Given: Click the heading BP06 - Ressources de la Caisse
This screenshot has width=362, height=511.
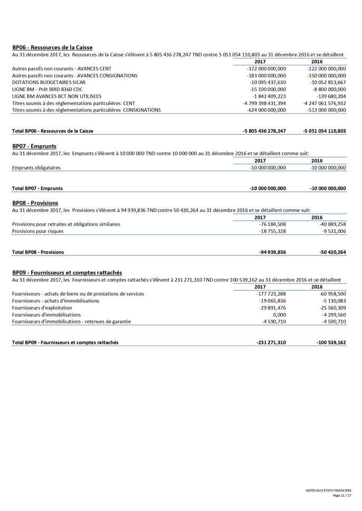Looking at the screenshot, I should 52,47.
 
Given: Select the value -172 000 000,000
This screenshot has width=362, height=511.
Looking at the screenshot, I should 266,68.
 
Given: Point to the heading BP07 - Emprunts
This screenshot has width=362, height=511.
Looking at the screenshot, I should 34,146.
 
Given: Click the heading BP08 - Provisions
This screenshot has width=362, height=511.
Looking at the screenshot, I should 35,203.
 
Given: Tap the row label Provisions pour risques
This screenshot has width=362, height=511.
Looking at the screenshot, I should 38,231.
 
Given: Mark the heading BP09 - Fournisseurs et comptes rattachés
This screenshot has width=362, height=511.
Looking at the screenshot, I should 67,272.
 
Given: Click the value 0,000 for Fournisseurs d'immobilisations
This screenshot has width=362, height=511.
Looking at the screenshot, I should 279,314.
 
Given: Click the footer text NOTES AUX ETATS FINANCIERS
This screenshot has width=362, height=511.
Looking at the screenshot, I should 328,490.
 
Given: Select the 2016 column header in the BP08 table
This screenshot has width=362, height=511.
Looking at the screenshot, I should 317,217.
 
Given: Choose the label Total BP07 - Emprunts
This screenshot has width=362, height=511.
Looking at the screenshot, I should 37,188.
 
